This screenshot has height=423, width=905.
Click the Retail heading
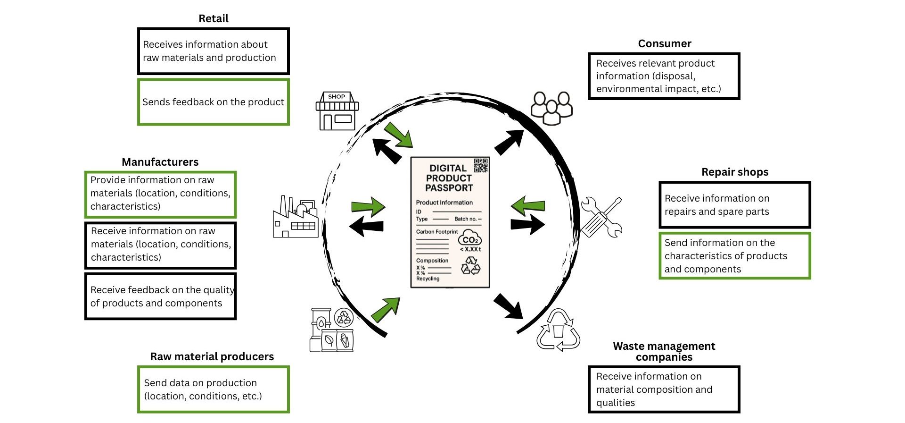pyautogui.click(x=213, y=19)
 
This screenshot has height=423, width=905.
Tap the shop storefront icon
pyautogui.click(x=337, y=111)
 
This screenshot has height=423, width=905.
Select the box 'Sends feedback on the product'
pyautogui.click(x=213, y=102)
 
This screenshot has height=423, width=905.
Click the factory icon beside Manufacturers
pyautogui.click(x=296, y=217)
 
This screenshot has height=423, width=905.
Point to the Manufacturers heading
pyautogui.click(x=160, y=162)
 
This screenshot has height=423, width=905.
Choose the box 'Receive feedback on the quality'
pyautogui.click(x=160, y=296)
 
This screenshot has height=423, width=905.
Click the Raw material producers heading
pyautogui.click(x=212, y=356)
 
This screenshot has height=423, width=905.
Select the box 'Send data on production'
pyautogui.click(x=213, y=389)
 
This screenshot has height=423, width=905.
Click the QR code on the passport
pyautogui.click(x=481, y=165)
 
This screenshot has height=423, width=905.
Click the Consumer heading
pyautogui.click(x=664, y=43)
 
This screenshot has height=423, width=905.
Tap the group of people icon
pyautogui.click(x=551, y=108)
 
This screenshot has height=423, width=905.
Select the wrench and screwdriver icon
pyautogui.click(x=601, y=217)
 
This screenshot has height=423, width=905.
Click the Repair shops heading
pyautogui.click(x=734, y=172)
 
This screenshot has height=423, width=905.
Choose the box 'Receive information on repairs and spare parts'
pyautogui.click(x=734, y=205)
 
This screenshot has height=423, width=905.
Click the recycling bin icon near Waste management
pyautogui.click(x=559, y=330)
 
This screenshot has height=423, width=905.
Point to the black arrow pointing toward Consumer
pyautogui.click(x=509, y=142)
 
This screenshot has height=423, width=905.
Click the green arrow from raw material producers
pyautogui.click(x=386, y=310)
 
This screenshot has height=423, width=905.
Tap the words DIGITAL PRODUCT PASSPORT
pyautogui.click(x=449, y=178)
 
